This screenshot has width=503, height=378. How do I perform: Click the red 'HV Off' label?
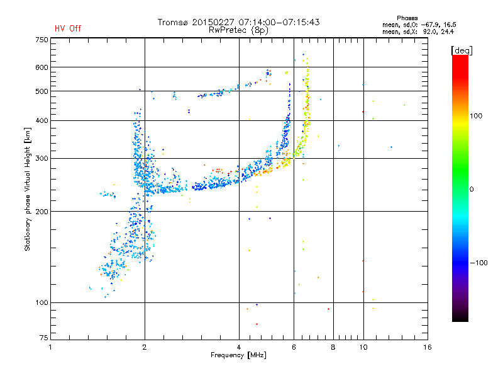67,28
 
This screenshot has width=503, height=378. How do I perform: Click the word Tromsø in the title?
173,22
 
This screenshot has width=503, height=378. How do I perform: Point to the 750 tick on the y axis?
41,40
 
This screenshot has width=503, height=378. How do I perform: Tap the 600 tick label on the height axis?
41,67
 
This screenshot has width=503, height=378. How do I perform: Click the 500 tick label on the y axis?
41,91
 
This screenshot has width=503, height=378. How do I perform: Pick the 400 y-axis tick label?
41,120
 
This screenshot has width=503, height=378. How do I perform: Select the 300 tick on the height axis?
41,158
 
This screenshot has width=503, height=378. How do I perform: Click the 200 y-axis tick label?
41,212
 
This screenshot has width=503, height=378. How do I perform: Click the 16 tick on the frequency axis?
427,347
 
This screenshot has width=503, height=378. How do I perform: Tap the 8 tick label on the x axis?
333,347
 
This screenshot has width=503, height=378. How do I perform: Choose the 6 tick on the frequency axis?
294,347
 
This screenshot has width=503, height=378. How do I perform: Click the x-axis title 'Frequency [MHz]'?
240,356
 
